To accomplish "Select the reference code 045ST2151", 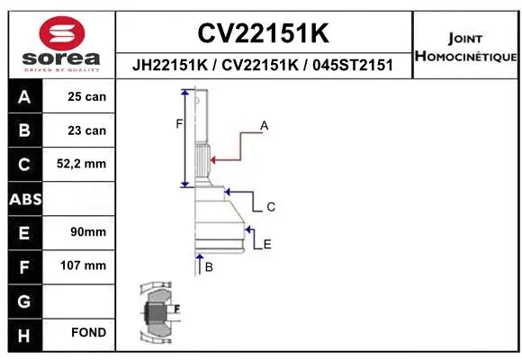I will click(x=353, y=66).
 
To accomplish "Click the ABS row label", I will click(x=24, y=199).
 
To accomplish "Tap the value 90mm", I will click(x=87, y=232).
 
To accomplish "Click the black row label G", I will click(x=24, y=300).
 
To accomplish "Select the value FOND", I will click(x=87, y=333).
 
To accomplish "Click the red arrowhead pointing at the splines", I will click(x=211, y=160).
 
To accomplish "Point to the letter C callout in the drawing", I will click(x=270, y=207).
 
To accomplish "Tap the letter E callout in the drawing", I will click(x=267, y=244).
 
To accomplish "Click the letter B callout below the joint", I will click(x=209, y=267).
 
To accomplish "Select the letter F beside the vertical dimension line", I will click(x=178, y=124).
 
